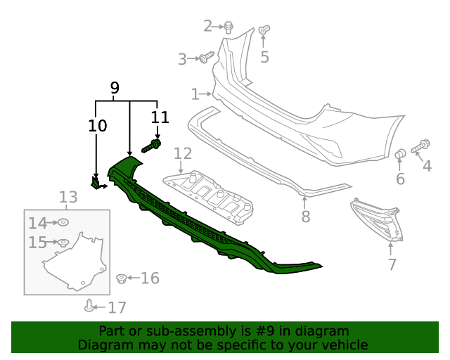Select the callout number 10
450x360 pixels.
click(98, 126)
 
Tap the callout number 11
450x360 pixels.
click(160, 117)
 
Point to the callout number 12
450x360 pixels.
click(183, 153)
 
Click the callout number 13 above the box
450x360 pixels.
click(67, 198)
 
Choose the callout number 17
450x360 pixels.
click(117, 307)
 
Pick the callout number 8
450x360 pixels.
click(305, 217)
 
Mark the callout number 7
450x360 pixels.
click(392, 264)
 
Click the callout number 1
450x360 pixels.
click(195, 94)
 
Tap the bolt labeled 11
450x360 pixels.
click(152, 146)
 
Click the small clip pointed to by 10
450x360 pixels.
click(96, 183)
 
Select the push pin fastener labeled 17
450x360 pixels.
click(89, 305)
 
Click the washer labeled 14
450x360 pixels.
click(62, 223)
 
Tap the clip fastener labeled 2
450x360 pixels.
click(229, 27)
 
